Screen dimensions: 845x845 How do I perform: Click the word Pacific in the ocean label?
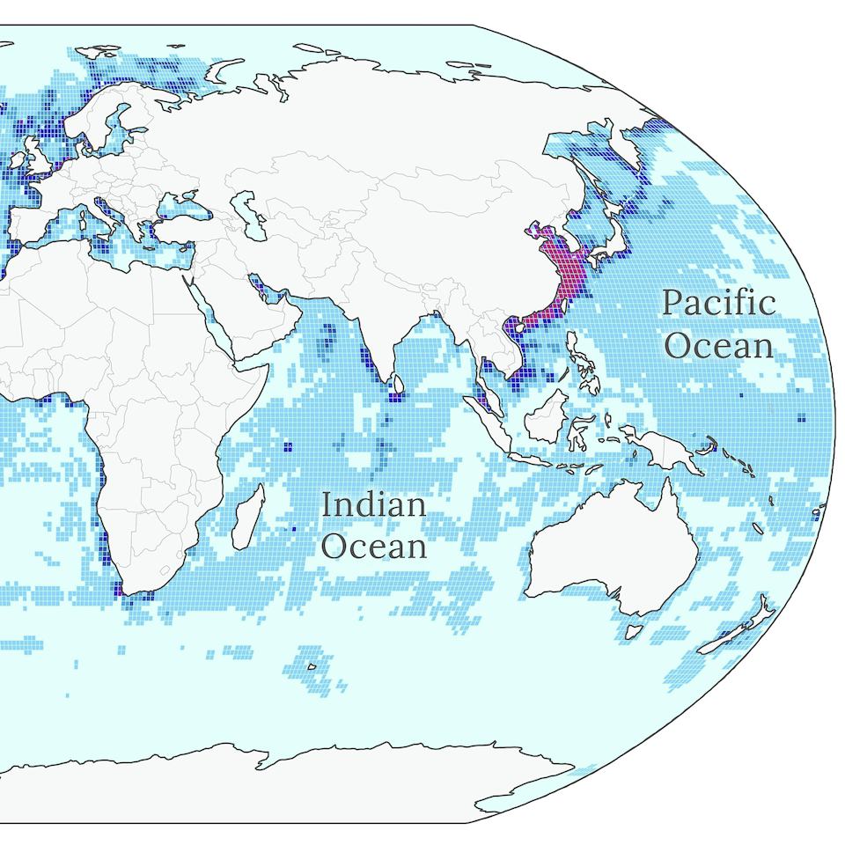718,304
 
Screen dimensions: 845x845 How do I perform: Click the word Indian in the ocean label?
373,505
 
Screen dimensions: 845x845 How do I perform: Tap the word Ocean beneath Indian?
373,546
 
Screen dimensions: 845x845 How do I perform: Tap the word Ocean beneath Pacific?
718,345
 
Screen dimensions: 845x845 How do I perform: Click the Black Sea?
180,204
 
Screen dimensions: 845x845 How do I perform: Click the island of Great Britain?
40,158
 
